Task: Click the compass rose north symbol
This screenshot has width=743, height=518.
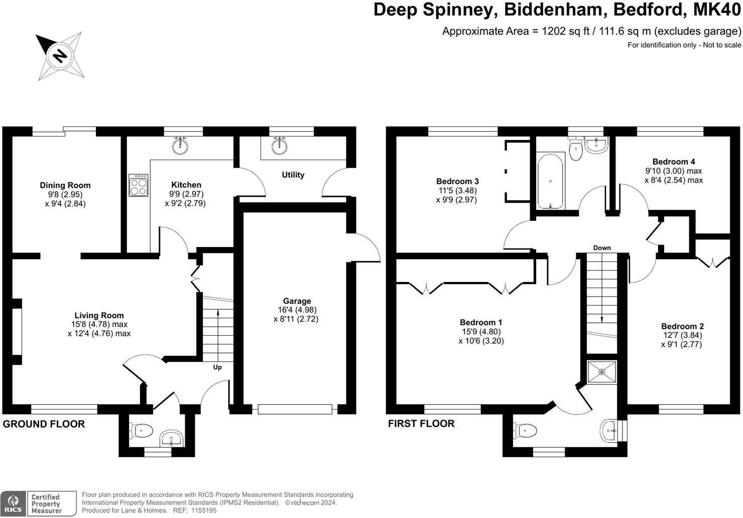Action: (x=60, y=55)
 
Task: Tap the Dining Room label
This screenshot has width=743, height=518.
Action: (x=65, y=185)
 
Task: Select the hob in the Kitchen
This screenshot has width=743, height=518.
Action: (x=139, y=185)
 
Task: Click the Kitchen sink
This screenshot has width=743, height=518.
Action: (x=180, y=145)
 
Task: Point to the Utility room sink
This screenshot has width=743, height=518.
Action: (x=280, y=146)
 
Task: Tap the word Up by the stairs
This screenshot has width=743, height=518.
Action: (x=217, y=367)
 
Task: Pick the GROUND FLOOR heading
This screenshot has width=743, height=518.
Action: (x=44, y=424)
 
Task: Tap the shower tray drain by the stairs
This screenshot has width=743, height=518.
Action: (x=601, y=372)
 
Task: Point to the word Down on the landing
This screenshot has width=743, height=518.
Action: (x=602, y=248)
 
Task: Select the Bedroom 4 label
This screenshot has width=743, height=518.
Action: (x=674, y=162)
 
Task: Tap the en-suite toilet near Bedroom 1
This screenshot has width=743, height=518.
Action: (x=524, y=430)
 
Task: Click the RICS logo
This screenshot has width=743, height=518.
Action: (x=13, y=503)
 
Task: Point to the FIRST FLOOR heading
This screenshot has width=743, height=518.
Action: (x=421, y=424)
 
